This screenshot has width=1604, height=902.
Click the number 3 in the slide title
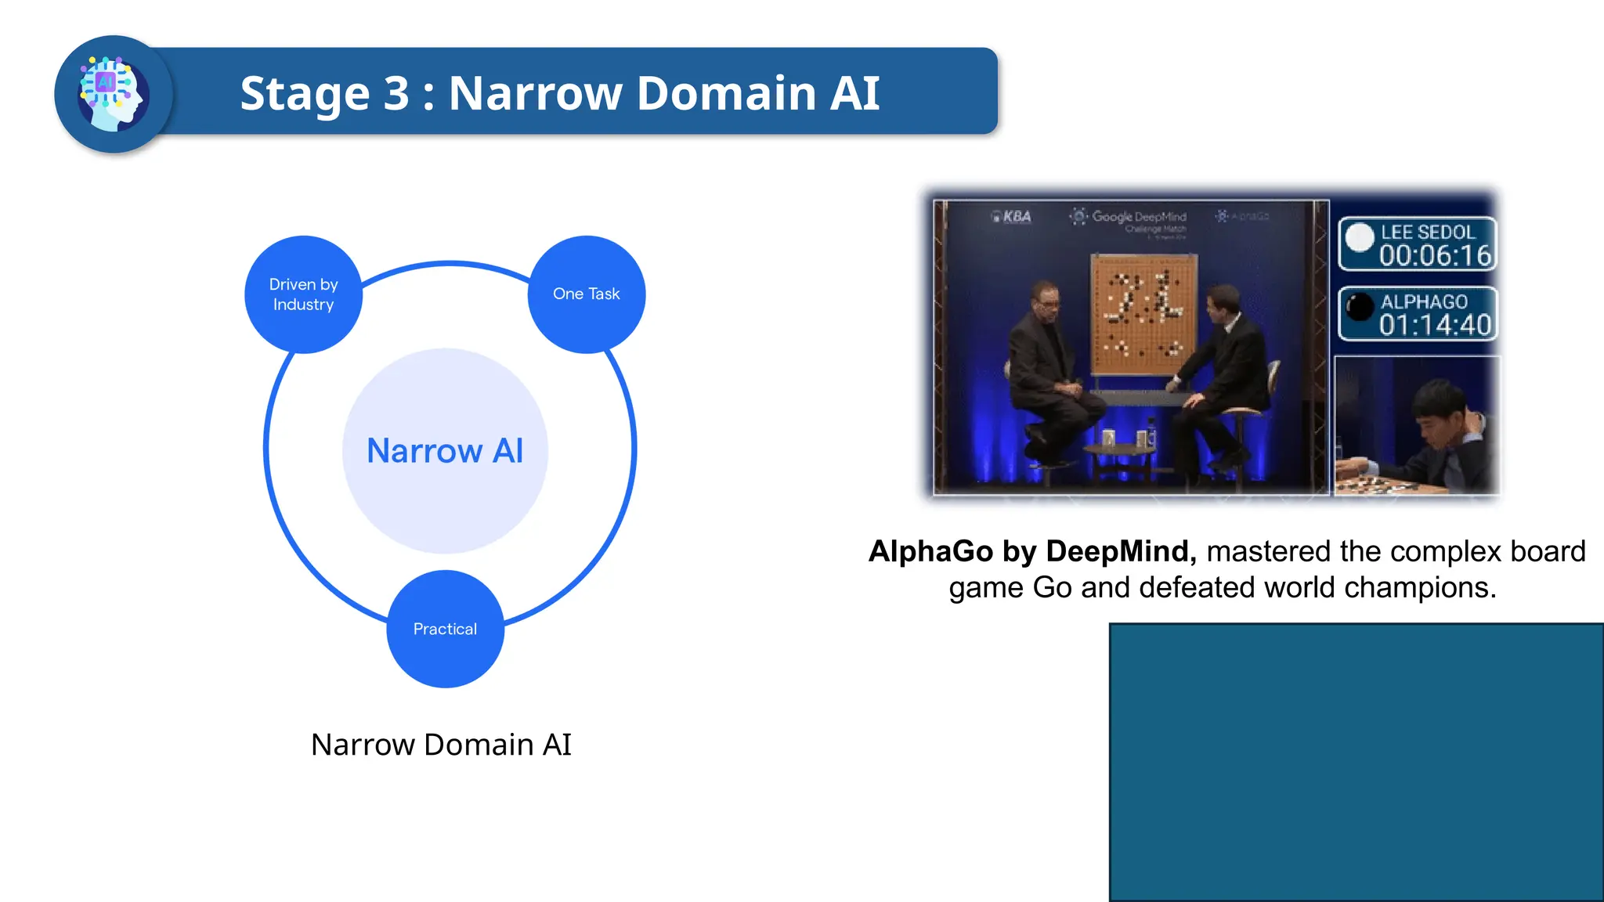click(396, 93)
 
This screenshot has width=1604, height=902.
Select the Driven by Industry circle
click(303, 294)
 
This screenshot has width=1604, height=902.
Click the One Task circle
click(586, 294)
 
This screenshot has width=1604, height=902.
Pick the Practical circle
click(445, 629)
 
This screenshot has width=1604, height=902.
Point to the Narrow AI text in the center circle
click(445, 451)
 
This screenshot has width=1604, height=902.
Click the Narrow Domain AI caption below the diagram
click(441, 745)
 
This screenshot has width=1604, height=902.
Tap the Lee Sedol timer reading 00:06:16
click(1435, 255)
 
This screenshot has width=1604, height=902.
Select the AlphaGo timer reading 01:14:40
click(1435, 324)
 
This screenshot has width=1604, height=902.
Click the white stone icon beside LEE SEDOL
click(1360, 238)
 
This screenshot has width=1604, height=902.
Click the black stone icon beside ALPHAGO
click(1360, 307)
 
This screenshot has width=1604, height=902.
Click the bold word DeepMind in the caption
click(1120, 551)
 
